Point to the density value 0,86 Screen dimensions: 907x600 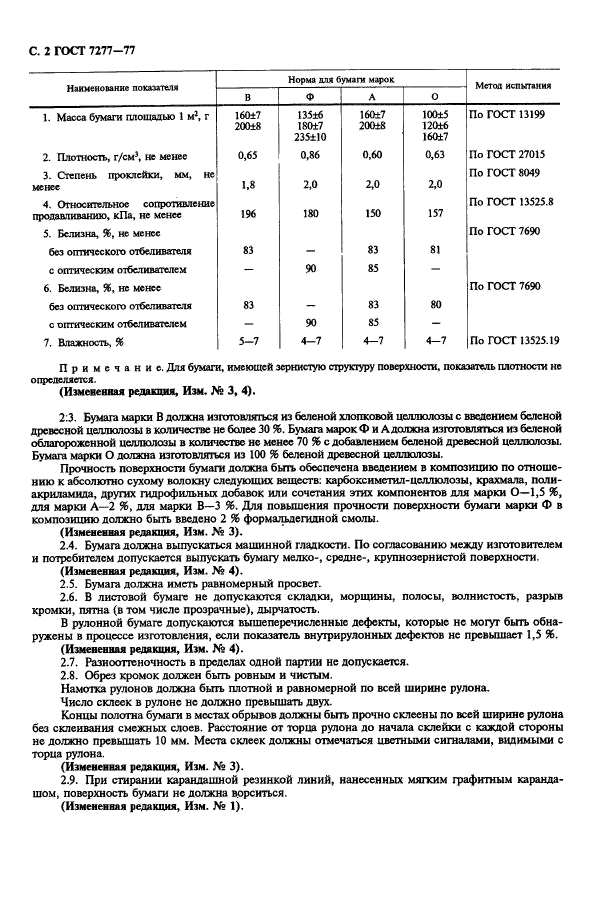tap(310, 156)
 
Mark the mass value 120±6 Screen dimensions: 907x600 tap(435, 127)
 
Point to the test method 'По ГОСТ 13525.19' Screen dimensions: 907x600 tap(514, 342)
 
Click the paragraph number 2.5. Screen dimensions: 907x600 tap(69, 582)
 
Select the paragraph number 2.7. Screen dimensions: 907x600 tap(69, 662)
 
